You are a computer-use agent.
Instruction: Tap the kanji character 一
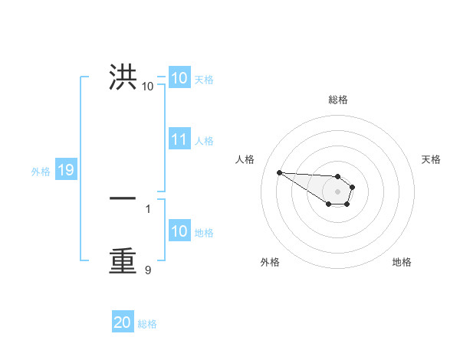tap(123, 198)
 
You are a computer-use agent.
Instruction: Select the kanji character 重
tap(123, 260)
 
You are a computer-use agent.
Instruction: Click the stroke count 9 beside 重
tap(148, 270)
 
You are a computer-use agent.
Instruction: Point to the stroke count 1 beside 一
tap(148, 208)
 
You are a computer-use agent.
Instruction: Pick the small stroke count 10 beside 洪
tap(147, 87)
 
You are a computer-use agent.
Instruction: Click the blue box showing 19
tap(65, 170)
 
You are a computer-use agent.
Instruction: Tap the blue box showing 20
tap(123, 322)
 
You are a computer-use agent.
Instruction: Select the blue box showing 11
tap(179, 139)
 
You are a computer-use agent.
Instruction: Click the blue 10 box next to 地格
tap(179, 231)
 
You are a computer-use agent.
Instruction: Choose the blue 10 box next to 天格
tap(179, 78)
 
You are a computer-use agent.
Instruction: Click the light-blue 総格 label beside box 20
tap(147, 324)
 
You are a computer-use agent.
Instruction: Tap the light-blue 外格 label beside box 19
tap(41, 172)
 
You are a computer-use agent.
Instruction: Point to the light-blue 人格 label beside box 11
tap(204, 141)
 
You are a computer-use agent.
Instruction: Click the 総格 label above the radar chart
tap(337, 100)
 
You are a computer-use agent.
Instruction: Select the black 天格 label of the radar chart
tap(431, 159)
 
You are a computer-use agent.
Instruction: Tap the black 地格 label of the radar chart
tap(402, 262)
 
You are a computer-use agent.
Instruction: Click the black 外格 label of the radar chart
tap(270, 262)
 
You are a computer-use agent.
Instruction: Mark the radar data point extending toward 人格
tap(279, 172)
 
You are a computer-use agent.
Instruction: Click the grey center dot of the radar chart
tap(337, 191)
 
